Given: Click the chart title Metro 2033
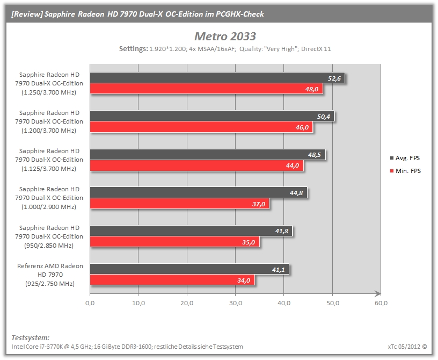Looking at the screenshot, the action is pos(225,37).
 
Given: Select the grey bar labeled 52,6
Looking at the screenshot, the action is pos(217,78).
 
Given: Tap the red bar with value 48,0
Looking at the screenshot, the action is pos(207,89).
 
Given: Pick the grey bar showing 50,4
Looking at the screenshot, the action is pos(212,117).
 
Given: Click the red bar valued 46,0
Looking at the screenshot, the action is pos(201,127).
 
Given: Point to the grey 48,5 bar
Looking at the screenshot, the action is pos(208,155).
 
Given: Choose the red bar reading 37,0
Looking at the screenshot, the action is pos(180,204).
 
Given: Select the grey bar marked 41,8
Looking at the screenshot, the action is pos(191,231).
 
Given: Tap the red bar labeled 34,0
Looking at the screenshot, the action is pos(172,280).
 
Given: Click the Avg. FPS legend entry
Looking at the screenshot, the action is pos(405,158).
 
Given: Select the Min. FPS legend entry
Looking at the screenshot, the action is pos(405,171).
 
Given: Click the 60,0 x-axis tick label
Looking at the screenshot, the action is pos(381,303).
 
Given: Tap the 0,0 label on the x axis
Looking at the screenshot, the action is pos(90,303).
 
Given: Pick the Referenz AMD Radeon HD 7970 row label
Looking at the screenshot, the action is pos(50,275).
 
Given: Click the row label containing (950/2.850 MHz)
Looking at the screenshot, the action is pos(49,236).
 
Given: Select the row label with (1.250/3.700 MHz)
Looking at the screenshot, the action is pos(49,83).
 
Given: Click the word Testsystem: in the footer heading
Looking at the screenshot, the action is pos(31,337).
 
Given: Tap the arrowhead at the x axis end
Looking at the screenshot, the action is pos(378,293).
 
